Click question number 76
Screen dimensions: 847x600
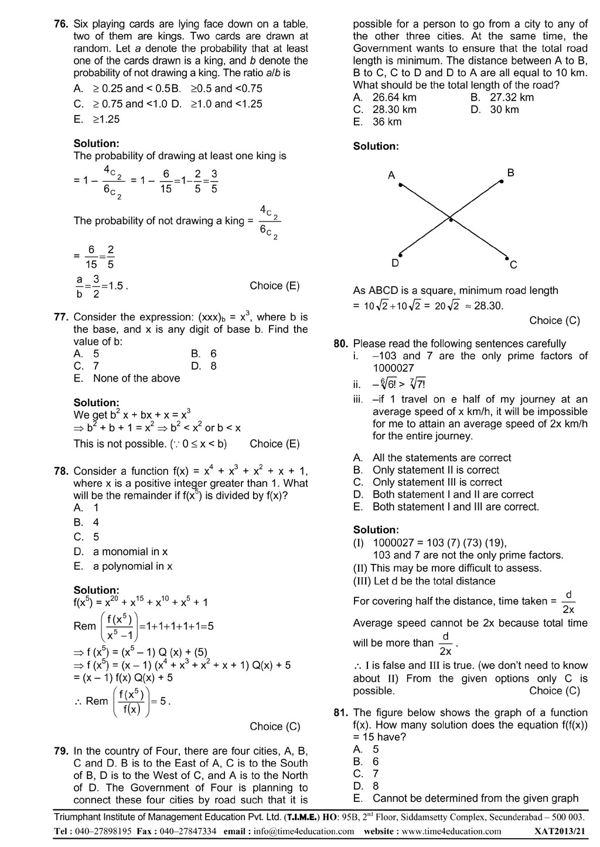tap(61, 24)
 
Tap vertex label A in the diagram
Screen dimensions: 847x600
tap(391, 175)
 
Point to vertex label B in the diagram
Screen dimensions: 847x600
tap(510, 173)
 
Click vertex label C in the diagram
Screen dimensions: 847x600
tap(513, 265)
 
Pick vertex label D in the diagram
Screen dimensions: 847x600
tap(395, 263)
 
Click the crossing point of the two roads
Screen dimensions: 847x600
tap(451, 220)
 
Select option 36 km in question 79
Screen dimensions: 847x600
tap(387, 122)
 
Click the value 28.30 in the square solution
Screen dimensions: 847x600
tap(487, 305)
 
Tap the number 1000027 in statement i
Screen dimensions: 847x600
tap(393, 368)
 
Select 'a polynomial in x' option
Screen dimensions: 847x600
tap(132, 566)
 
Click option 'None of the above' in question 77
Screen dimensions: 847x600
tap(136, 378)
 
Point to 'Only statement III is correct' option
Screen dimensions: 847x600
tap(437, 482)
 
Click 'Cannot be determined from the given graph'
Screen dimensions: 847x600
tap(475, 798)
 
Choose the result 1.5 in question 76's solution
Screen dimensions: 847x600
tap(116, 286)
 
